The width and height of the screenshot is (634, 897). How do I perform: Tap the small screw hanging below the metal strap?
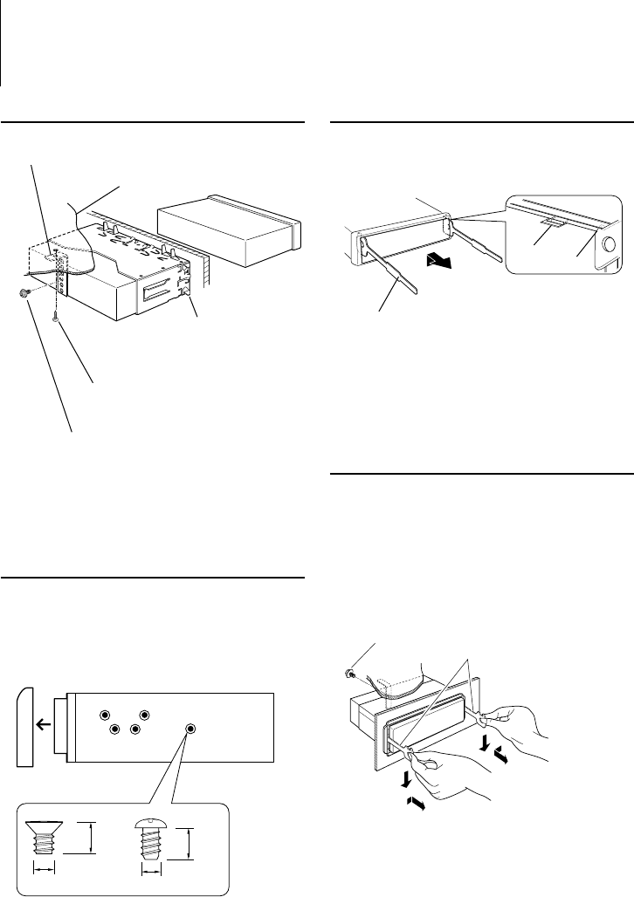(57, 320)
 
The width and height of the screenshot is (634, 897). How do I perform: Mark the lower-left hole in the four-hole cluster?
(114, 729)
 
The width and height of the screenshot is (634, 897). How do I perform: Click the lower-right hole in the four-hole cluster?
(134, 729)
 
